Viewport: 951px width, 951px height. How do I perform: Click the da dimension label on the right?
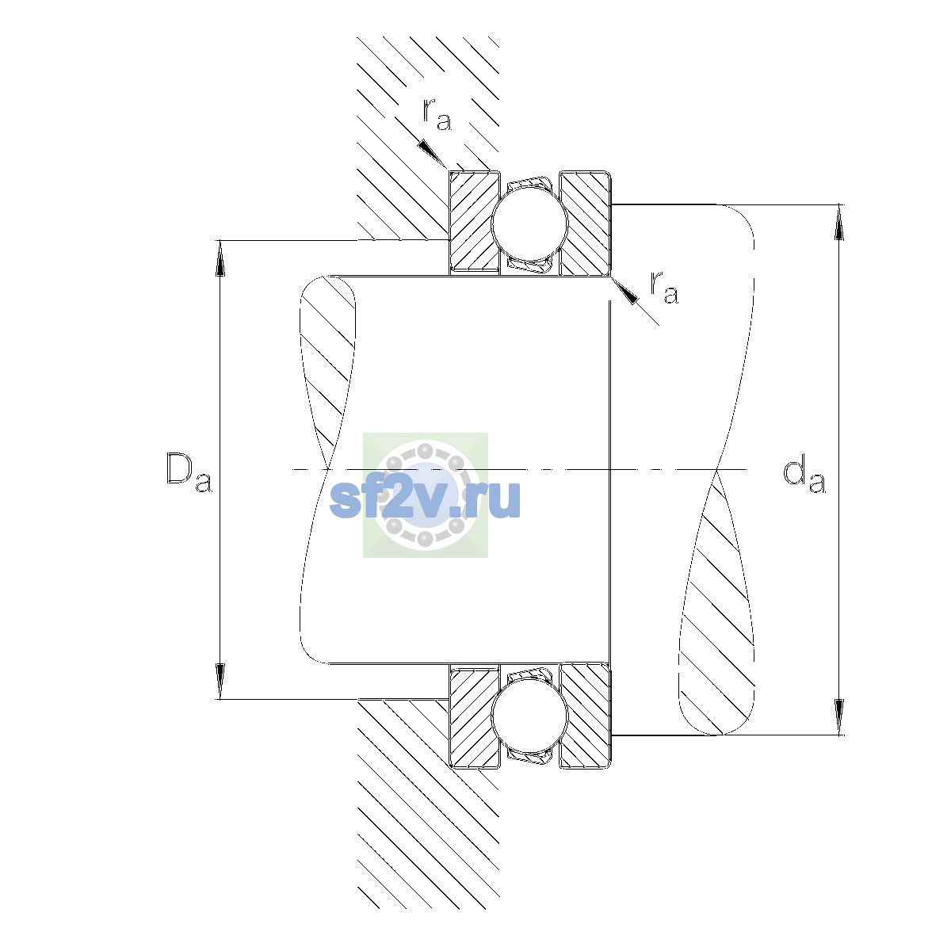(804, 476)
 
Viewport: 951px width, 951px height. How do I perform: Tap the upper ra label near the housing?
(437, 115)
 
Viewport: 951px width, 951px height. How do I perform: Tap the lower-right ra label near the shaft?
(664, 288)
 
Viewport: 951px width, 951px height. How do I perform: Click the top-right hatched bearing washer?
(586, 223)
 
